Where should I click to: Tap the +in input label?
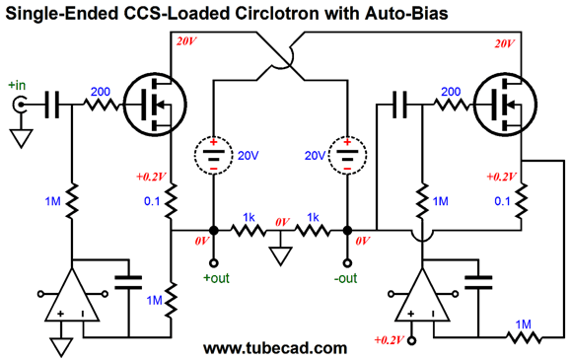20,85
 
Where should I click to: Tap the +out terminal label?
216,277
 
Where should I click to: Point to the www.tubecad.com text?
274,348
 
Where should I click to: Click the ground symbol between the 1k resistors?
281,257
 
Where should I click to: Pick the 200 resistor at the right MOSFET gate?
450,101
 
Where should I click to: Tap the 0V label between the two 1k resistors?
281,222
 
